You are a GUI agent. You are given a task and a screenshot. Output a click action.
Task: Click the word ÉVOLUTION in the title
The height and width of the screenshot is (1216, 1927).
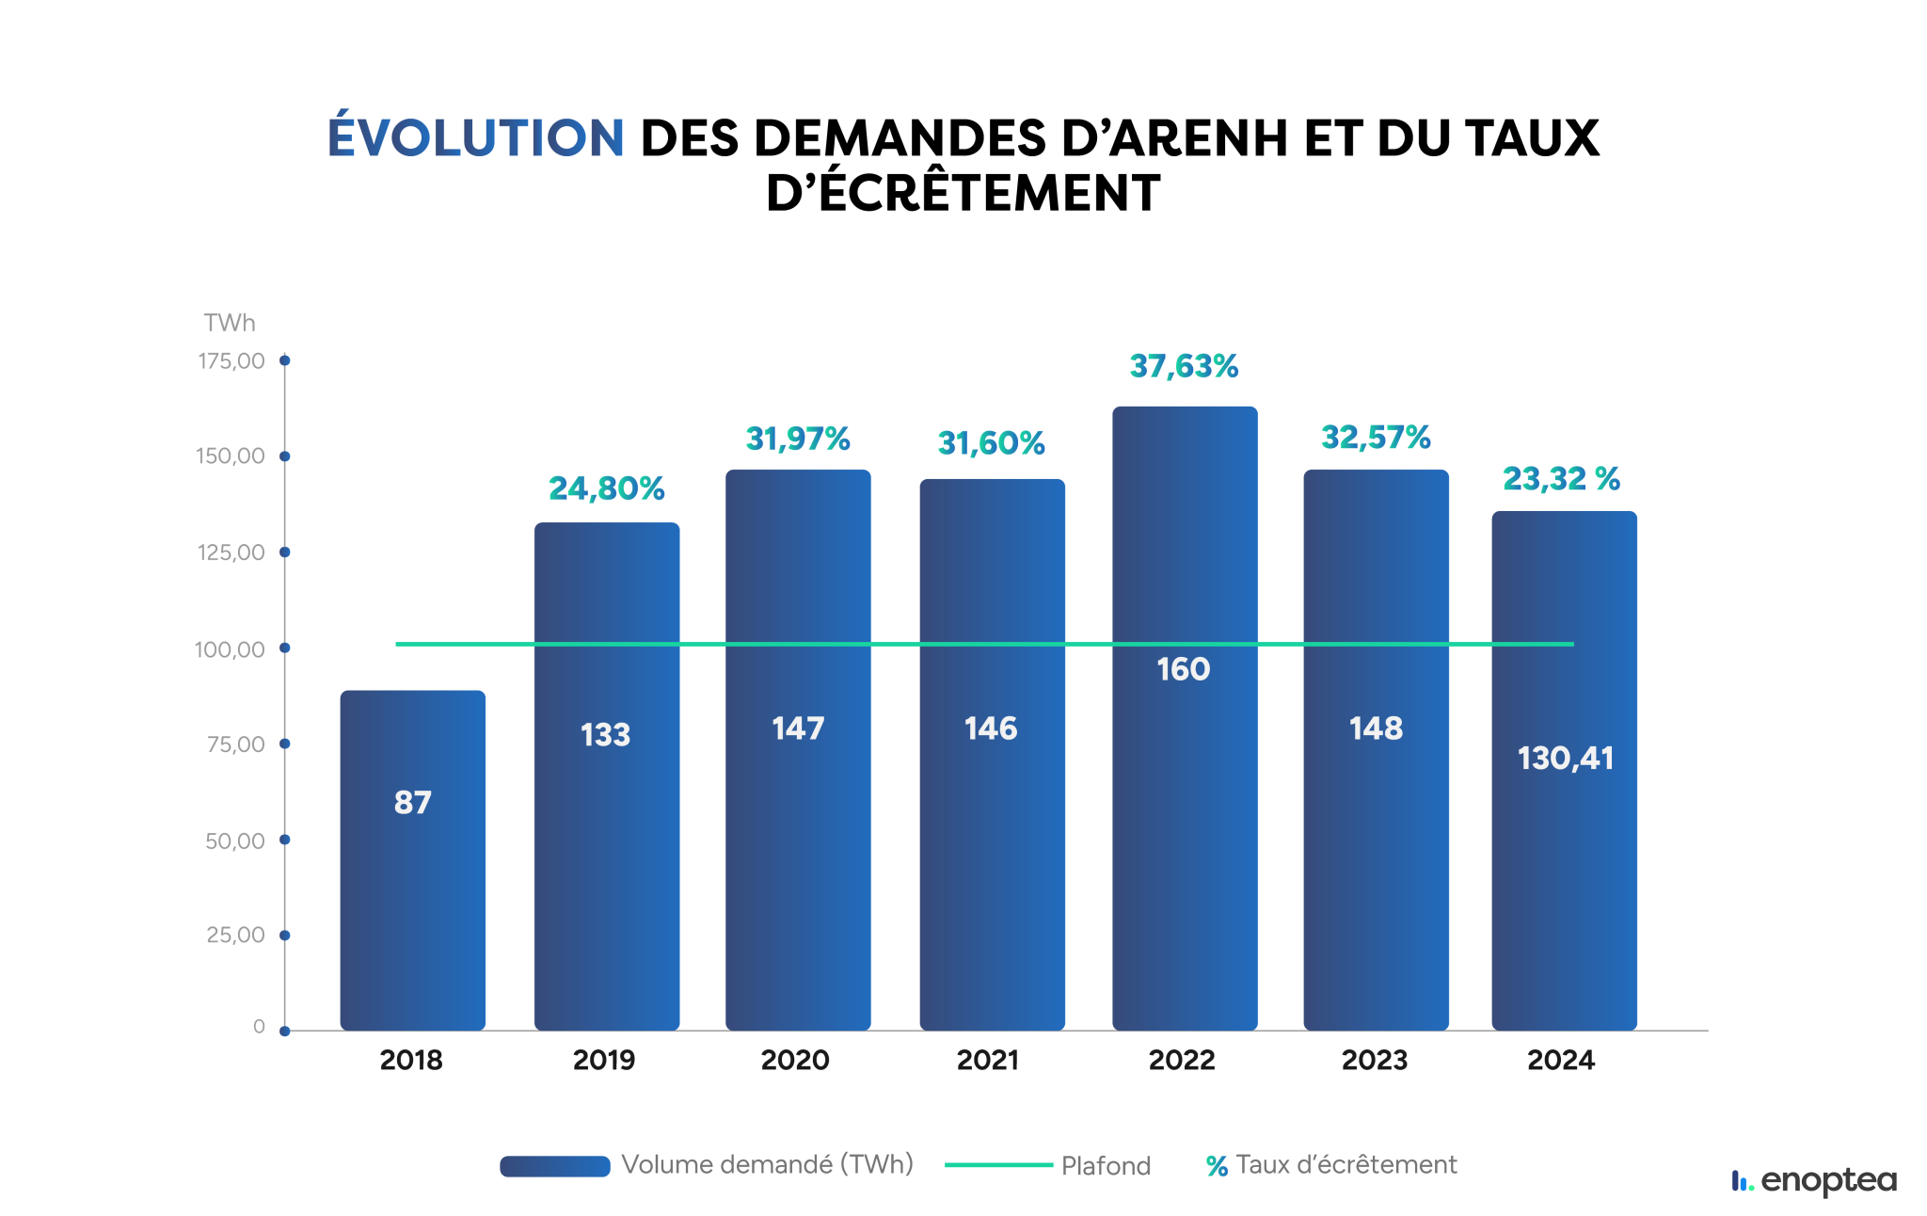[x=475, y=137]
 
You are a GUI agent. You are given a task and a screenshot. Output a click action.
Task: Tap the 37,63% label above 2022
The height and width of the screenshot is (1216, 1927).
[x=1184, y=366]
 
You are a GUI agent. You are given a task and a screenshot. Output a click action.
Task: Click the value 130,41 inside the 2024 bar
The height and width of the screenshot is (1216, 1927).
[x=1565, y=759]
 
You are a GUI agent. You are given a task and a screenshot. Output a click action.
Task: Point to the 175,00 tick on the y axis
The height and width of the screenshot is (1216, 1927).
[x=231, y=361]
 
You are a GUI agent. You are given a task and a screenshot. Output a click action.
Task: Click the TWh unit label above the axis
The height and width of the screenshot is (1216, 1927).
[x=230, y=323]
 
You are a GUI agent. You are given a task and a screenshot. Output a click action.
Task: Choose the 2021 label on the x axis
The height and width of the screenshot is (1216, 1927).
[x=988, y=1061]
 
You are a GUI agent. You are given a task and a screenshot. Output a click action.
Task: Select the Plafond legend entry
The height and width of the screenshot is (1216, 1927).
[x=1105, y=1166]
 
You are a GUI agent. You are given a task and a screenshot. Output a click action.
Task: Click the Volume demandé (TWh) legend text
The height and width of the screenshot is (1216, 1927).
[x=767, y=1165]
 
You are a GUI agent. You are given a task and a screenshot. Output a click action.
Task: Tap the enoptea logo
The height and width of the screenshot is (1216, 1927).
[x=1814, y=1180]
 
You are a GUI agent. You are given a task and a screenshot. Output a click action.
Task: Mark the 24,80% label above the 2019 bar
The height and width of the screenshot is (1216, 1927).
[x=607, y=488]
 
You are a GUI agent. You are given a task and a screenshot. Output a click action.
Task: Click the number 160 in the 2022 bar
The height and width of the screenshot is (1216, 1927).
[x=1183, y=669]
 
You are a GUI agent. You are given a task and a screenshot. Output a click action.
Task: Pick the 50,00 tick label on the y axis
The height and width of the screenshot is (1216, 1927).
[x=235, y=841]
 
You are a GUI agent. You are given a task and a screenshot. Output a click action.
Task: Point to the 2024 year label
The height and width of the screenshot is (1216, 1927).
[x=1561, y=1061]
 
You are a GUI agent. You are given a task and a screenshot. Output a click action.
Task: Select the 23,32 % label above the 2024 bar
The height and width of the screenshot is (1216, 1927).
[x=1561, y=479]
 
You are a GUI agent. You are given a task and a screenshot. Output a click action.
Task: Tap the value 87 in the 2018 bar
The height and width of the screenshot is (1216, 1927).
[x=412, y=803]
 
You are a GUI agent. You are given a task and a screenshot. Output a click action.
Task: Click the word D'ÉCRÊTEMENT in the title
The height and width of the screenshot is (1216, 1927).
[x=963, y=194]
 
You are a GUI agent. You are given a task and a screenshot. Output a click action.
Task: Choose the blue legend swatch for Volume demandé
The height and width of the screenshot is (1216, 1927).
[x=555, y=1166]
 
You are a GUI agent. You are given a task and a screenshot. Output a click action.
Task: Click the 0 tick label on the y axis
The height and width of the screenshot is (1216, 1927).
[x=259, y=1027]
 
